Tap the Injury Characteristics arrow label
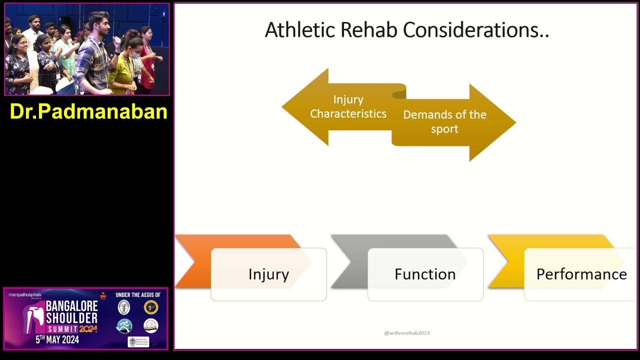pyautogui.click(x=348, y=106)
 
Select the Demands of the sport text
pyautogui.click(x=444, y=121)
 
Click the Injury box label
pyautogui.click(x=268, y=274)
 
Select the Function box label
pyautogui.click(x=425, y=274)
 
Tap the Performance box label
pyautogui.click(x=581, y=274)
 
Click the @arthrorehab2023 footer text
pyautogui.click(x=406, y=333)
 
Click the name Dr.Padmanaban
pyautogui.click(x=88, y=111)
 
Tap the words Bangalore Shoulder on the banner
pyautogui.click(x=71, y=312)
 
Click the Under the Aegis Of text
pyautogui.click(x=137, y=295)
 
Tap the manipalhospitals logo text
pyautogui.click(x=25, y=295)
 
